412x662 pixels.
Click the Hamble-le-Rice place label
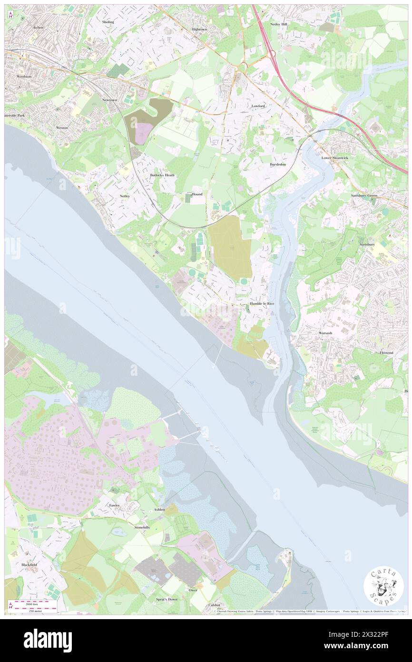click(261, 303)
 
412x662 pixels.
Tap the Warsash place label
click(325, 332)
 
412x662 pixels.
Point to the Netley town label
click(125, 196)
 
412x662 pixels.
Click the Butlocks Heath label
click(162, 175)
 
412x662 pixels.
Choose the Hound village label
click(197, 194)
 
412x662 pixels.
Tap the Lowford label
click(258, 106)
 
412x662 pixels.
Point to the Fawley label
click(114, 505)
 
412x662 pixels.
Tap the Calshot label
click(214, 605)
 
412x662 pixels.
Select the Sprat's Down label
click(167, 599)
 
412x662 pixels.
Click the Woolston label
click(24, 76)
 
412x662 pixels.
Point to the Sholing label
click(108, 22)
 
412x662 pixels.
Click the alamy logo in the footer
click(48, 641)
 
